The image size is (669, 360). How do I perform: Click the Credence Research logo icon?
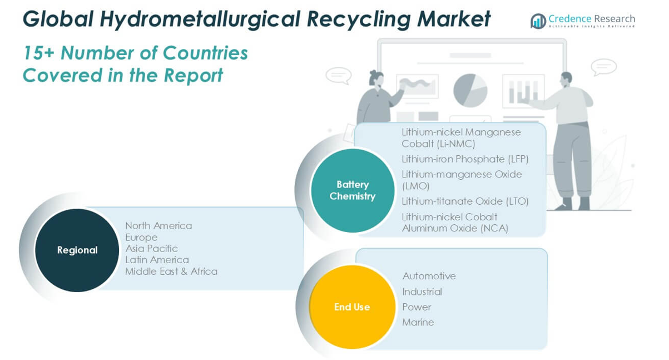538,21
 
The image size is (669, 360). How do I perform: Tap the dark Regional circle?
77,250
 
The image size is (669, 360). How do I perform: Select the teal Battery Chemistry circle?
352,190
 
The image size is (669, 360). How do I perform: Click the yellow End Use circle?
352,307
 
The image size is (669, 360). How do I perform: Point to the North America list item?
158,226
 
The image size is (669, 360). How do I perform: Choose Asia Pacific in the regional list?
151,249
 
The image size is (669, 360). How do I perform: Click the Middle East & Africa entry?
171,272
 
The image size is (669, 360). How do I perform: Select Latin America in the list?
157,260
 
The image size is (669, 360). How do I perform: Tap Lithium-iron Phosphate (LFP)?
465,159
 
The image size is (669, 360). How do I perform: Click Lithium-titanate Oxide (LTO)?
465,201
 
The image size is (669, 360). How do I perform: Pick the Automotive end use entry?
429,276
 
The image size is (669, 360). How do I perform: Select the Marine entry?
418,322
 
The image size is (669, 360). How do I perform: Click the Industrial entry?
422,292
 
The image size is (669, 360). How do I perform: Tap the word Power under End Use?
417,307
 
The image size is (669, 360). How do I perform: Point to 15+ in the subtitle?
38,53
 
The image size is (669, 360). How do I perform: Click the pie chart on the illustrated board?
470,90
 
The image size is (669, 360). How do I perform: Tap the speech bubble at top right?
603,67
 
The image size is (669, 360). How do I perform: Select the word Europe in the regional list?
141,238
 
